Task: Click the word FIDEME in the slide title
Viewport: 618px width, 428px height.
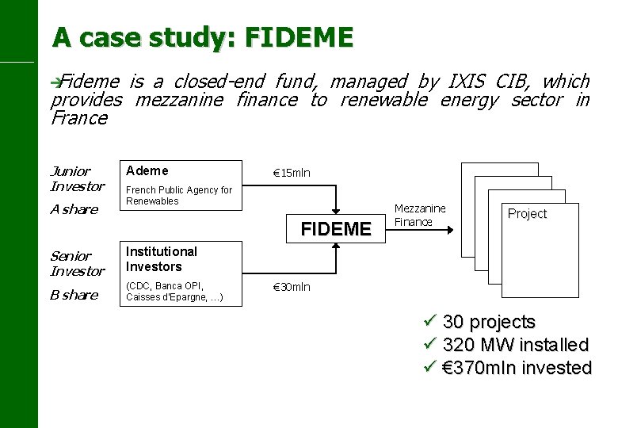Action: [299, 37]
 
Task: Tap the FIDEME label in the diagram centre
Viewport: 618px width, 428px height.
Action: [336, 229]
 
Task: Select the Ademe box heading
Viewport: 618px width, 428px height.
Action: [147, 170]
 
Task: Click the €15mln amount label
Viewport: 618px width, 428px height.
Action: [292, 173]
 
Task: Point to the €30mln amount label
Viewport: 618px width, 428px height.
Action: [292, 288]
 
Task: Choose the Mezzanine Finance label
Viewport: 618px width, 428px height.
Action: [420, 216]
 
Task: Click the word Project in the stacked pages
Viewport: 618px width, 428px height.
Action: [527, 213]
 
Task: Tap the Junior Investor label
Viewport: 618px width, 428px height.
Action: [77, 178]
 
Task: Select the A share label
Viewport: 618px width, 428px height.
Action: [74, 209]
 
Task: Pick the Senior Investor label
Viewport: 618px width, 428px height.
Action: [77, 263]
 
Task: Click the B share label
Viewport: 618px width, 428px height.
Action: [74, 295]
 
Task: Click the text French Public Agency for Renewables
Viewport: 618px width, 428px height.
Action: [179, 195]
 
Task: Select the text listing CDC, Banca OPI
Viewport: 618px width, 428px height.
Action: [174, 292]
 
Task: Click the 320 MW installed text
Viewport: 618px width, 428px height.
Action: [516, 345]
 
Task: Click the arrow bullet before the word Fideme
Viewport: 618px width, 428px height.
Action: [55, 81]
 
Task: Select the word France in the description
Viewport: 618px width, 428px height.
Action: [78, 118]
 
